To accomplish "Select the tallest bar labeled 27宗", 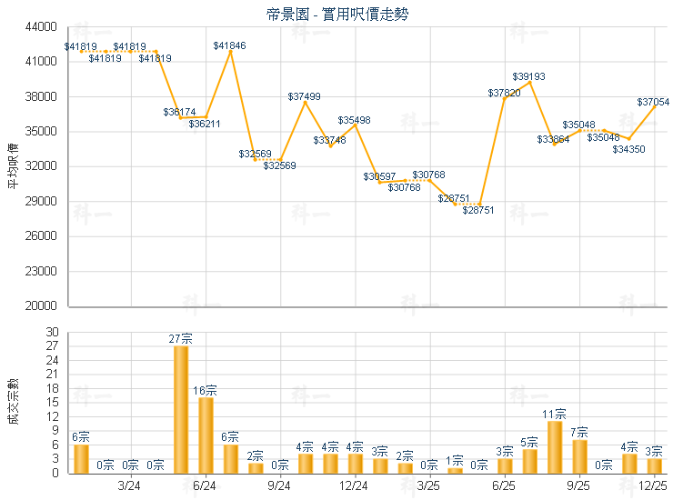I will click(180, 410).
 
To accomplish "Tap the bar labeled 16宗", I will click(206, 435).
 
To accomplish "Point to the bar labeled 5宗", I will click(529, 461).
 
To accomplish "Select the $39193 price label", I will click(528, 76).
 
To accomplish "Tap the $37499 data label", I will click(305, 96).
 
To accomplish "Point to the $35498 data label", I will click(354, 120).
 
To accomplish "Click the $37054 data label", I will click(653, 103).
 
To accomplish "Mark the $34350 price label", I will click(628, 149).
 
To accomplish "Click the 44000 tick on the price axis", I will click(44, 27).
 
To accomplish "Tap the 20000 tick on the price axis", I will click(44, 306).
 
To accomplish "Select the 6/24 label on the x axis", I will click(205, 486).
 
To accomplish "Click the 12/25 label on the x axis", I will click(654, 486).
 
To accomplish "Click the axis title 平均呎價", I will click(14, 166).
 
